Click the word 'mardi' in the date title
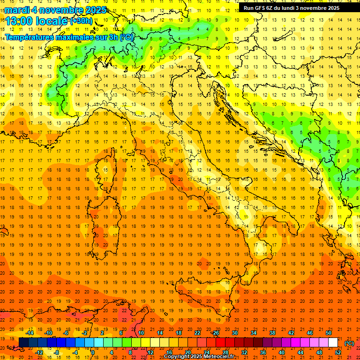(17, 10)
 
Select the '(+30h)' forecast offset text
(81, 21)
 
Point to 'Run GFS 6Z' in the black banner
(260, 8)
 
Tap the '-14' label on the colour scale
(30, 333)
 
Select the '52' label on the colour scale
(338, 352)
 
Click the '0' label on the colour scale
(92, 352)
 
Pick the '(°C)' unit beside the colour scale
(349, 343)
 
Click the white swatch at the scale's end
(333, 343)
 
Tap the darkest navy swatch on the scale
(23, 343)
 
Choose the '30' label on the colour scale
(235, 333)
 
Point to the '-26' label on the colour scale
(215, 333)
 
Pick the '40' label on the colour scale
(281, 352)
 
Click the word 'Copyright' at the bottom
(177, 357)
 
